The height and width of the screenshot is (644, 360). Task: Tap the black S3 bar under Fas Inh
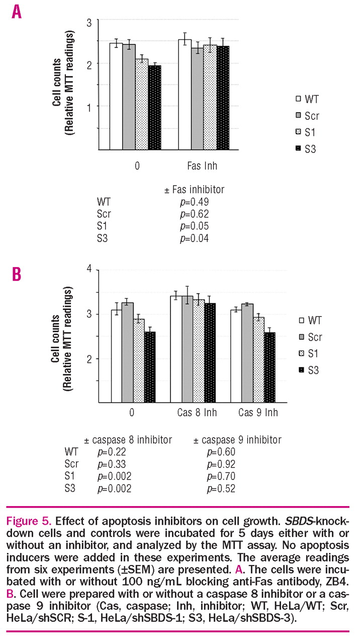pos(222,98)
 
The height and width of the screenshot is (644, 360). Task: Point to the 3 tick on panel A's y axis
pos(89,22)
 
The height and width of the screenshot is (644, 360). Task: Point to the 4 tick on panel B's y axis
pos(89,269)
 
